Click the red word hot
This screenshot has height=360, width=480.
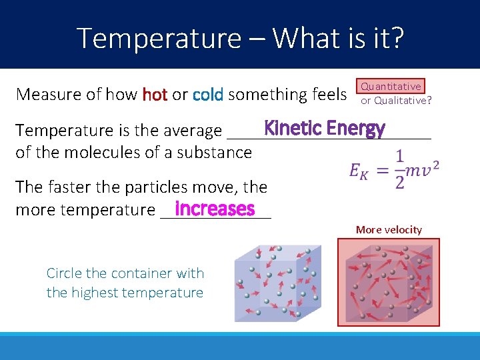[x=155, y=95]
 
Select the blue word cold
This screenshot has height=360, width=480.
[x=208, y=95]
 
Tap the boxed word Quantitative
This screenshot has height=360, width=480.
[x=391, y=86]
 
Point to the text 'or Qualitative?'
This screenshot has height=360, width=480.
[x=396, y=101]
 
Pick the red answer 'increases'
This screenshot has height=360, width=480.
[x=215, y=209]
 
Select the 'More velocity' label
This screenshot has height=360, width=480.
[x=389, y=230]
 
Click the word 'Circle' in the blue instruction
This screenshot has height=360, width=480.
[x=63, y=273]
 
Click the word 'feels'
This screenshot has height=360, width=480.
[x=329, y=95]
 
